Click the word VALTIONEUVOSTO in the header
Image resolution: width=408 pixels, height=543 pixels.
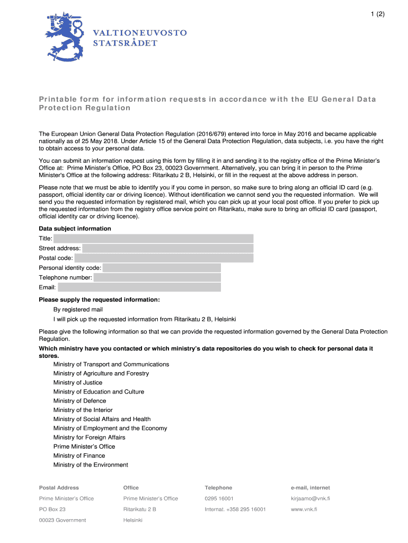(140, 33)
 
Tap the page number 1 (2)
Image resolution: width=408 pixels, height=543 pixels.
(370, 15)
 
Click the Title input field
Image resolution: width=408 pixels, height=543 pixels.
(153, 239)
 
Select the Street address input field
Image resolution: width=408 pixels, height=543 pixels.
(167, 248)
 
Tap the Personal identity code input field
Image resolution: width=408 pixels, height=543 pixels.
(162, 268)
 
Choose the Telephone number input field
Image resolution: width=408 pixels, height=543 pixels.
(157, 277)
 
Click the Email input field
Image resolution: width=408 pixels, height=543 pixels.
(139, 287)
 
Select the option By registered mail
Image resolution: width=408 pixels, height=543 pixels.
(78, 309)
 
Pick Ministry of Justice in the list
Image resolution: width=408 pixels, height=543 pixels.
(78, 382)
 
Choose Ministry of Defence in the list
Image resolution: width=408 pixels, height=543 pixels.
(79, 401)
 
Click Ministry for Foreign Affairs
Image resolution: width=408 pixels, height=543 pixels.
(89, 437)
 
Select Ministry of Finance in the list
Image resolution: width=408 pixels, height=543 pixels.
(79, 456)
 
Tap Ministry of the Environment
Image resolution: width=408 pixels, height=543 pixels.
(91, 465)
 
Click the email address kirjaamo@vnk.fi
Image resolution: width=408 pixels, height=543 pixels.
(310, 498)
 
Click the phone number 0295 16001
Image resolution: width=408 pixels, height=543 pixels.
(219, 498)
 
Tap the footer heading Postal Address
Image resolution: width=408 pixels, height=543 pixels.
(59, 487)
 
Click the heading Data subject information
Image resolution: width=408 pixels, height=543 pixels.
(75, 229)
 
